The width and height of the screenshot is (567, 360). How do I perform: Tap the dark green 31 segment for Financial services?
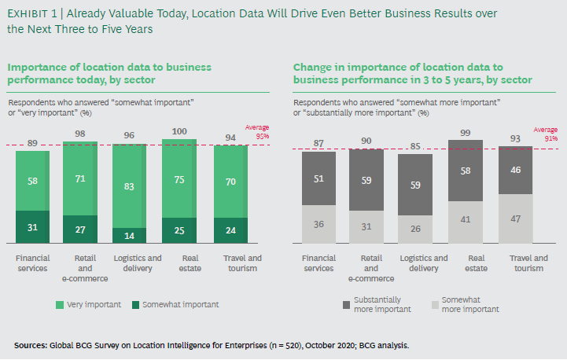(32, 227)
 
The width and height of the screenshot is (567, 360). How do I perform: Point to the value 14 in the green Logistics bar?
(129, 236)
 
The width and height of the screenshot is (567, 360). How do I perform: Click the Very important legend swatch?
(60, 304)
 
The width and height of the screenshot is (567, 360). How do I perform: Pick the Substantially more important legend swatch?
(347, 304)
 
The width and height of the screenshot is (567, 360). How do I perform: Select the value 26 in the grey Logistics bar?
(414, 230)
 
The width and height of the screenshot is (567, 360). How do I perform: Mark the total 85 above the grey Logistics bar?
(414, 145)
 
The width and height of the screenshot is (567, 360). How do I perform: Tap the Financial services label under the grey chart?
(317, 263)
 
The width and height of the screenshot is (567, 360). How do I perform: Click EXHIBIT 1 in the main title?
(34, 13)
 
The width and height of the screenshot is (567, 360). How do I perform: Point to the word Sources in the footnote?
(31, 345)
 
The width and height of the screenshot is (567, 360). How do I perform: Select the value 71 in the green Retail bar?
(80, 179)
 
